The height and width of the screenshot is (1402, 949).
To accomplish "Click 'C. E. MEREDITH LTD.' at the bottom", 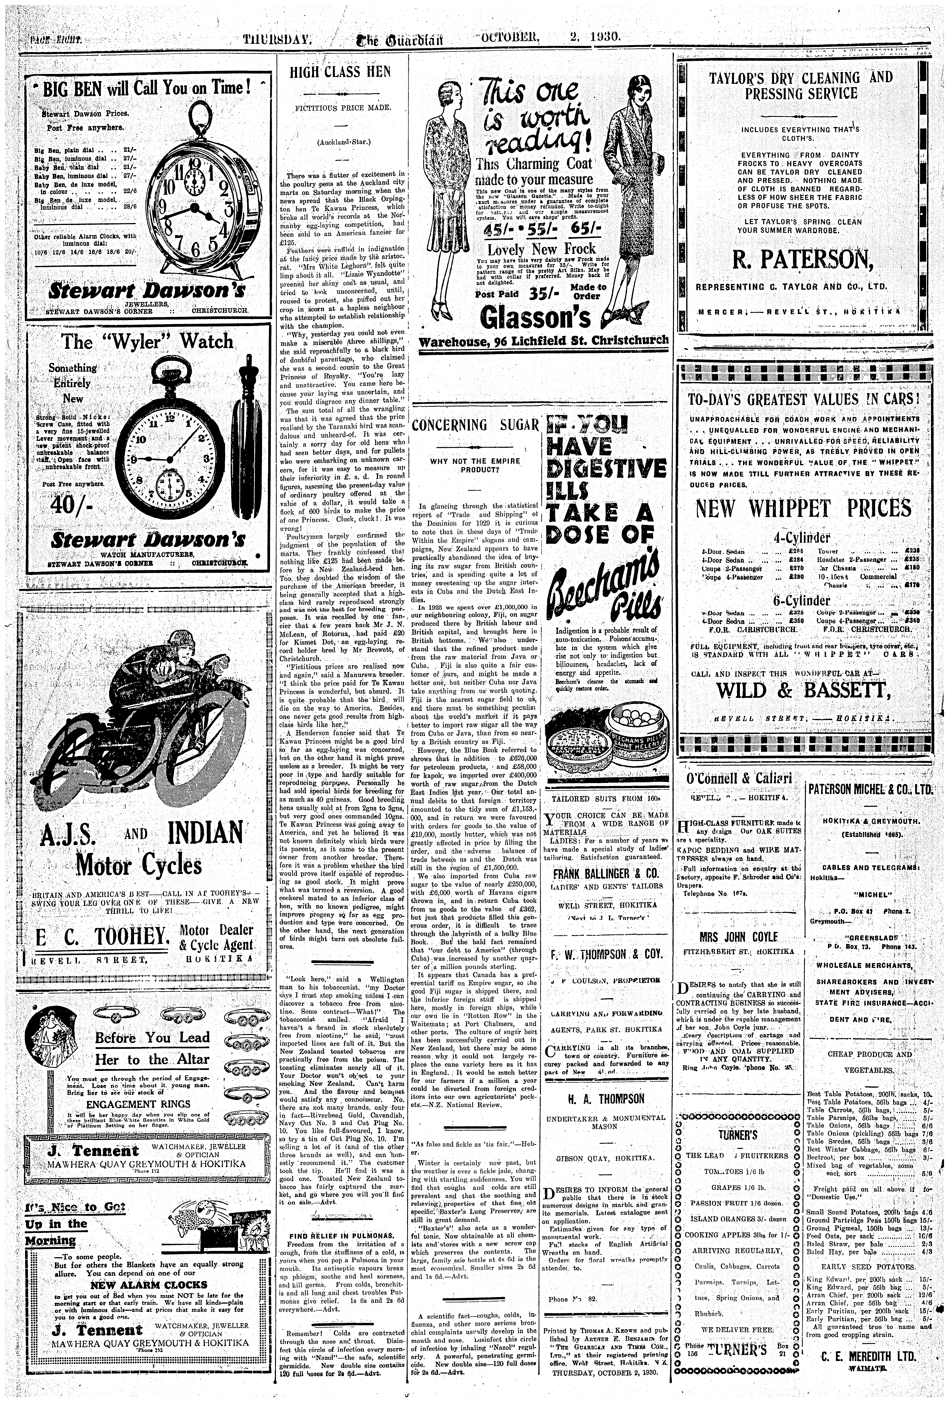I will (x=869, y=1374).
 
